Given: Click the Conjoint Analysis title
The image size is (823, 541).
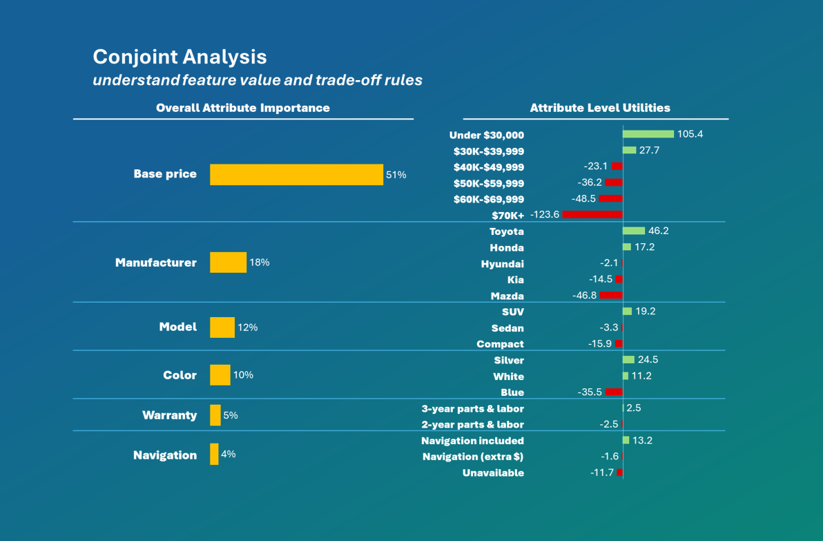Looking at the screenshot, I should coord(180,57).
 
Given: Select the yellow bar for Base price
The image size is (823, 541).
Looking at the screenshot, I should coord(296,175).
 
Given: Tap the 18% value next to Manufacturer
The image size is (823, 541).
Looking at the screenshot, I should coord(260,263).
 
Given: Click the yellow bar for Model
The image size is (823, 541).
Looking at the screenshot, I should coord(222,328).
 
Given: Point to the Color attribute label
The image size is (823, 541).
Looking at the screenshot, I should coord(180,375).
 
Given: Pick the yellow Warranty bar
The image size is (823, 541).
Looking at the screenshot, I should coord(215,415).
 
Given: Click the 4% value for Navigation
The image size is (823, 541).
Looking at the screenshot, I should coord(228,454).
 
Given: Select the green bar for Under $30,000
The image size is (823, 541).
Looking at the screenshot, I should coord(648,134).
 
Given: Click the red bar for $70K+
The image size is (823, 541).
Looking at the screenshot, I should coord(592,215).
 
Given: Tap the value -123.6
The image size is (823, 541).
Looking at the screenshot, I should coord(545,215).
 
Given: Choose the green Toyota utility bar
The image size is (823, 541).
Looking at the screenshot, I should coord(634,231).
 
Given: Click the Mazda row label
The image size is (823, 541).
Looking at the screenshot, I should coord(507,296).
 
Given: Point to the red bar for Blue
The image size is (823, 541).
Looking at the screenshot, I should coord(614,392).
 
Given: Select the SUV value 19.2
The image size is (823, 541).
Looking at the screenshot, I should coord(645,312).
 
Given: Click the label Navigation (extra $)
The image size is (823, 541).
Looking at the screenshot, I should coord(472,457).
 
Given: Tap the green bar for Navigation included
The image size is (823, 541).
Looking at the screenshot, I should coord(626,440).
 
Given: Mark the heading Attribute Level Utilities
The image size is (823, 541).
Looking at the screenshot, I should coord(599,108).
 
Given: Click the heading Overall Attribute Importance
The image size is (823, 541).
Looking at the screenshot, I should coord(242,108).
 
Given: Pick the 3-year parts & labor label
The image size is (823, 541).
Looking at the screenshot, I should coord(472,408).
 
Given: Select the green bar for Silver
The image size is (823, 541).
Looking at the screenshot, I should coord(628,360).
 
